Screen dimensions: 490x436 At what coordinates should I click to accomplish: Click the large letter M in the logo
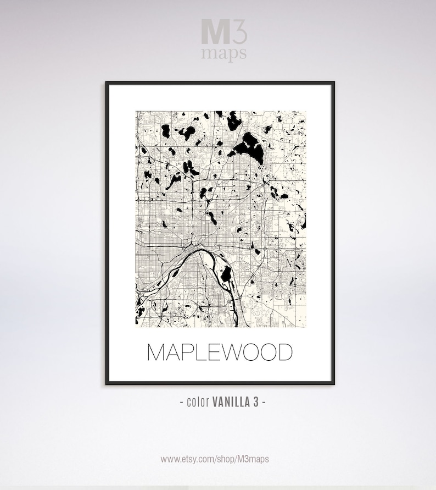(x=212, y=32)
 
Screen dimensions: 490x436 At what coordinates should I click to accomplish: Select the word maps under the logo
(x=223, y=53)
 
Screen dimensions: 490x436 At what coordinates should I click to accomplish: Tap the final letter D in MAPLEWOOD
(x=284, y=353)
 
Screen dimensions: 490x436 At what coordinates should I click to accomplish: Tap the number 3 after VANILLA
(x=256, y=402)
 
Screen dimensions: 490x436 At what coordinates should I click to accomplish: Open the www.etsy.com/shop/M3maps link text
(x=215, y=459)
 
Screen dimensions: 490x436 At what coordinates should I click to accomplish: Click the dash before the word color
(x=182, y=402)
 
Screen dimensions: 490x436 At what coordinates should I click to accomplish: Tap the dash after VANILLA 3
(x=264, y=402)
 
